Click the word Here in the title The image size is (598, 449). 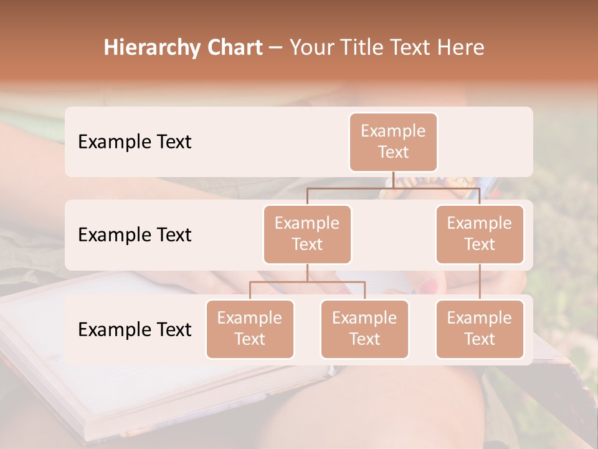pyautogui.click(x=460, y=48)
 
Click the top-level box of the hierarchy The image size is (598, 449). pyautogui.click(x=393, y=142)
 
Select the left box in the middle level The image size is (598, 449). pyautogui.click(x=307, y=234)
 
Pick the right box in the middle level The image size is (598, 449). pyautogui.click(x=480, y=234)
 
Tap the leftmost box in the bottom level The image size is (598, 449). pyautogui.click(x=250, y=329)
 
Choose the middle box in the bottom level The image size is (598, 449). pyautogui.click(x=364, y=329)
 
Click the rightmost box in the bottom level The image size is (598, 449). pyautogui.click(x=480, y=329)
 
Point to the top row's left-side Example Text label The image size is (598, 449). pyautogui.click(x=135, y=142)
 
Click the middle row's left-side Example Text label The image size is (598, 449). pyautogui.click(x=135, y=235)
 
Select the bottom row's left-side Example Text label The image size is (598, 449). pyautogui.click(x=135, y=329)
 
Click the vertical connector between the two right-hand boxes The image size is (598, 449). pyautogui.click(x=480, y=282)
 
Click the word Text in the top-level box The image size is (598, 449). pyautogui.click(x=393, y=152)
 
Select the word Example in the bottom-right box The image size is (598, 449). pyautogui.click(x=480, y=318)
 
